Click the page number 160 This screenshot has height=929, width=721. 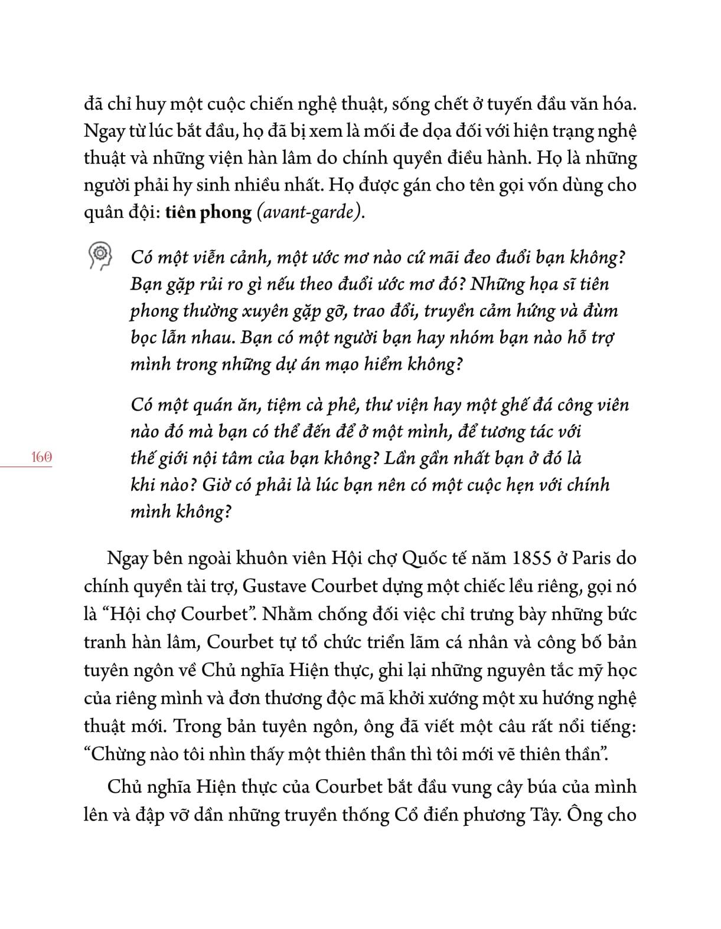(x=40, y=457)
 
